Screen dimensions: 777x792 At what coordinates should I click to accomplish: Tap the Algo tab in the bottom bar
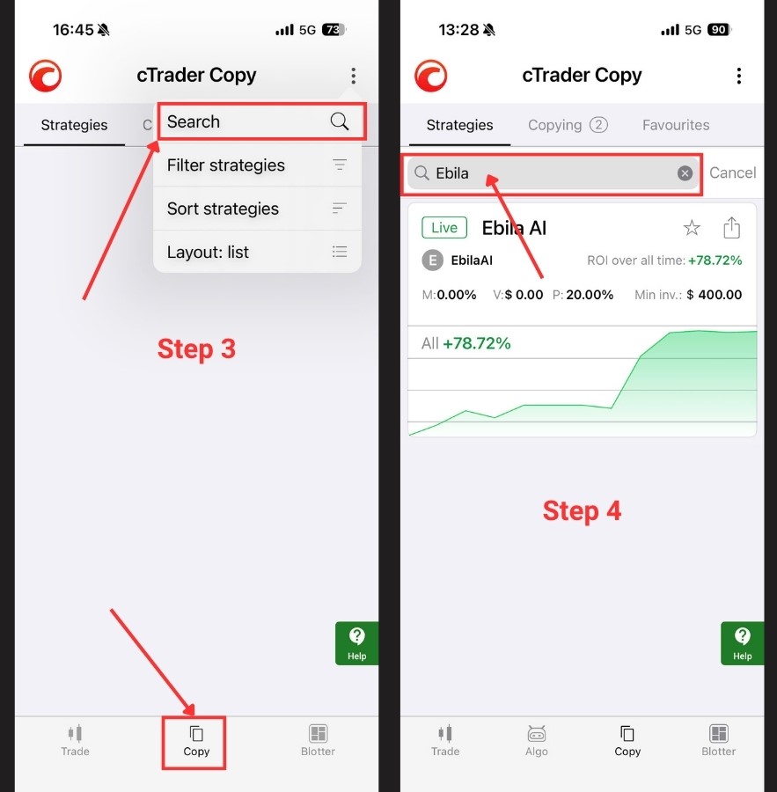537,741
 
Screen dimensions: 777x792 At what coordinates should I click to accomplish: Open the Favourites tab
676,125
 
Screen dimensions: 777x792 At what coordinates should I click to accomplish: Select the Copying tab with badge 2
568,125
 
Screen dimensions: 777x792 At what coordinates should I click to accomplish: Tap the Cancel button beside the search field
732,172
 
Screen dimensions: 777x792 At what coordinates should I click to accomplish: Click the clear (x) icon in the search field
685,173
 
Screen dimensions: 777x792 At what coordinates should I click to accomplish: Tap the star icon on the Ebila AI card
692,228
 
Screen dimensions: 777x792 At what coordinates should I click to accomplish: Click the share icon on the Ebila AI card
731,227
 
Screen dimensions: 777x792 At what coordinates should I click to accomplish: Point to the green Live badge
444,227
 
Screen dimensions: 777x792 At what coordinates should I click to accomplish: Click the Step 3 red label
196,349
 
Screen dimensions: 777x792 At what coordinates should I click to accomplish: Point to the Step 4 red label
582,510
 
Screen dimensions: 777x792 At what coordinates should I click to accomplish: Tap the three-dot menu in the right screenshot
738,76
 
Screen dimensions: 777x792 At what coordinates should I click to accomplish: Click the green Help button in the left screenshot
356,643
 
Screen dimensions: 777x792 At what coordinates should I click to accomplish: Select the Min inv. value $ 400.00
715,295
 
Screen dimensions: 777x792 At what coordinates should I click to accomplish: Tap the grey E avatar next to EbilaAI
432,260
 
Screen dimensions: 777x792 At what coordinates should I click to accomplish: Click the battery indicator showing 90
719,30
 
